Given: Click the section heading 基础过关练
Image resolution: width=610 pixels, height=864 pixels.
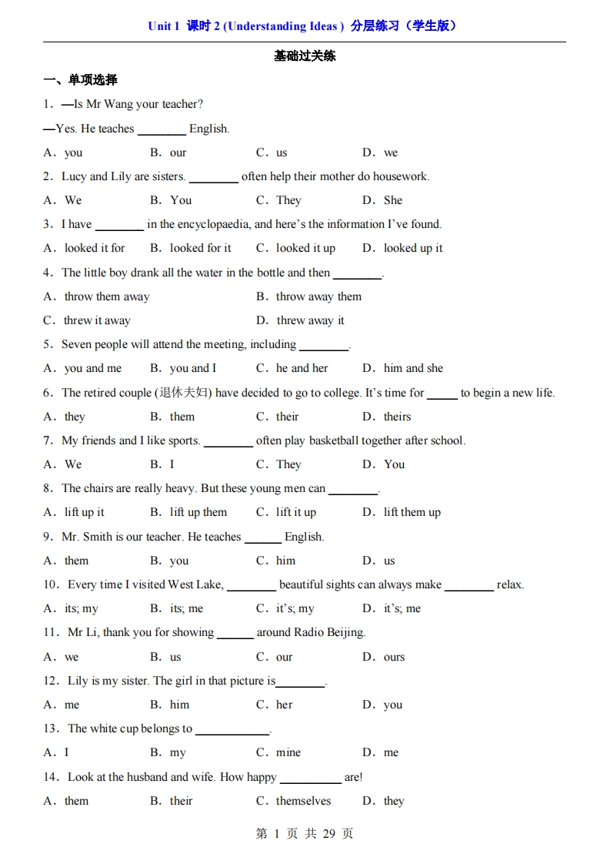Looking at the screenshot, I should pos(305,56).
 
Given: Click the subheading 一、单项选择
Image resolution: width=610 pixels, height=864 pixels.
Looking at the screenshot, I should pos(80,80).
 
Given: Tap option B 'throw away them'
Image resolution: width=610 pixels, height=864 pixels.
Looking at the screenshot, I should pos(318,296).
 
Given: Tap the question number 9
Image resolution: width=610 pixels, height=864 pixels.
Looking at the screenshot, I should pos(48,537).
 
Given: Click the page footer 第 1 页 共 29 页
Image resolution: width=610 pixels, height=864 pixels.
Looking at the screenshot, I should pos(305,833).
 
